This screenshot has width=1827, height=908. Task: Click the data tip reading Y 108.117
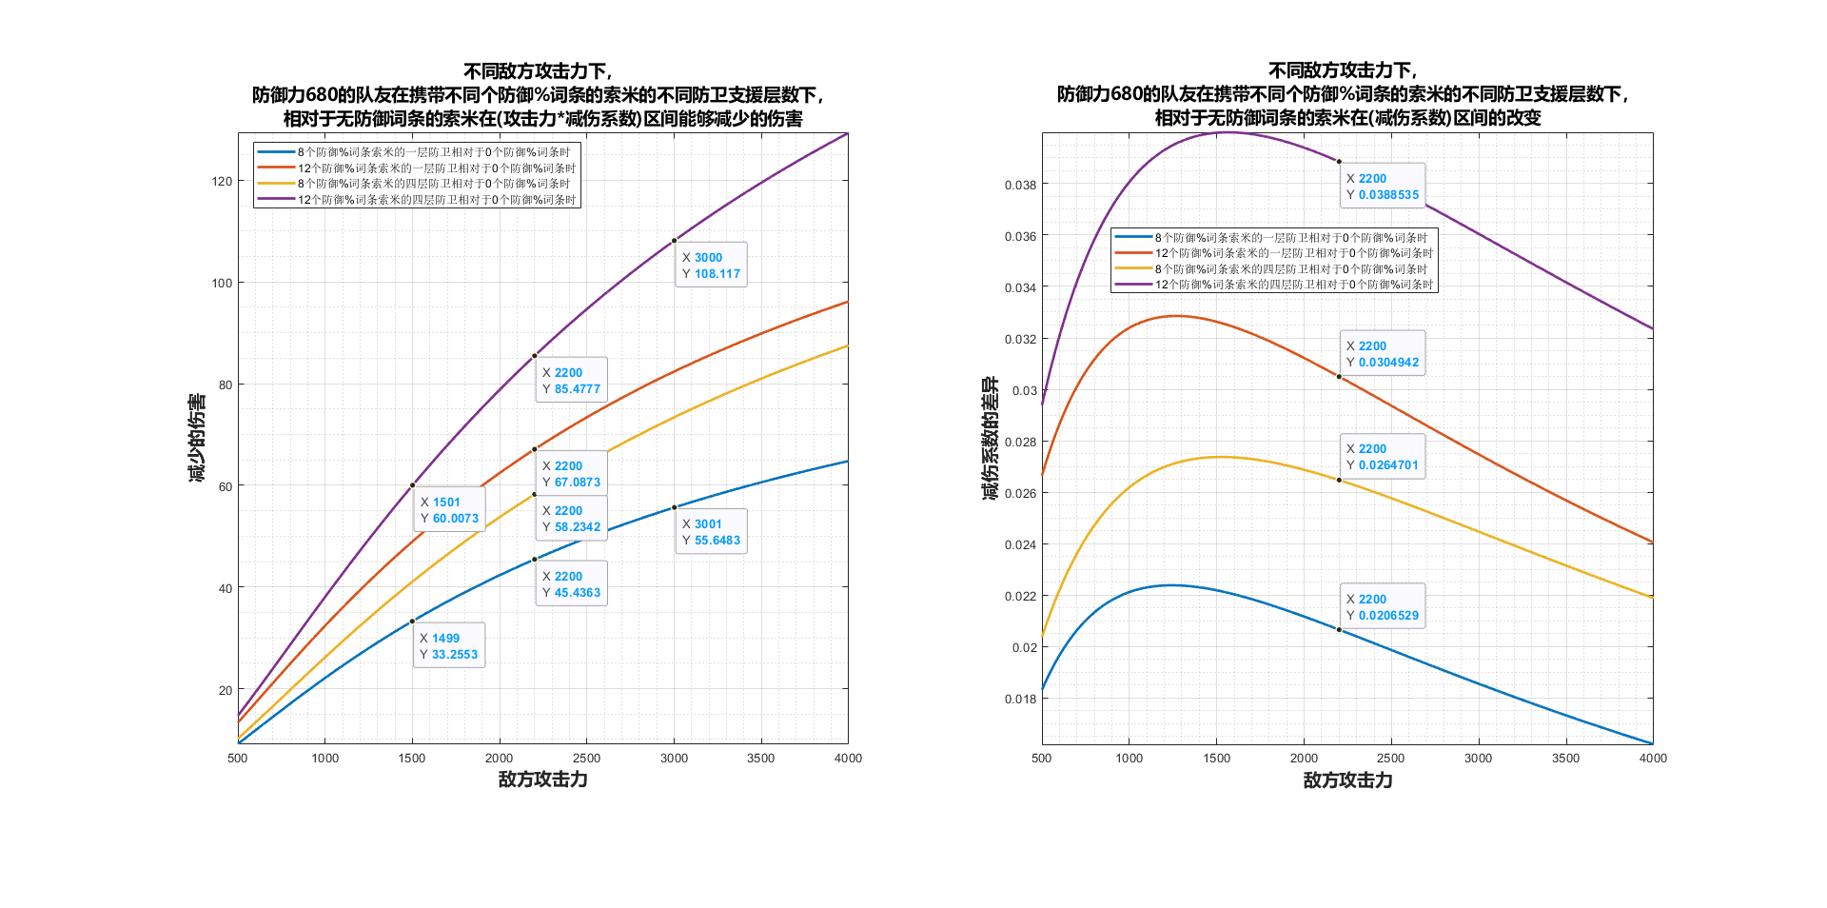tap(711, 265)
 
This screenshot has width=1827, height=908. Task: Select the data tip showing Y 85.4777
tap(571, 380)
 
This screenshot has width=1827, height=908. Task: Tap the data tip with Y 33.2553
tap(448, 645)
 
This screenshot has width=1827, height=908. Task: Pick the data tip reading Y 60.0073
tap(449, 509)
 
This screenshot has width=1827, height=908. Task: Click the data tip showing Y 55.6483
tap(711, 531)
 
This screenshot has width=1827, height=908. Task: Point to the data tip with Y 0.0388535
tap(1382, 186)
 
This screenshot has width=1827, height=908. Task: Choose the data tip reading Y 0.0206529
tap(1382, 606)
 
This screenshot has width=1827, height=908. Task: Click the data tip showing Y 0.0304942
tap(1382, 353)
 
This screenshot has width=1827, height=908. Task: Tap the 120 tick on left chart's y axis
tap(222, 181)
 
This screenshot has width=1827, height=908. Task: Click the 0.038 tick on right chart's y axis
tap(1020, 185)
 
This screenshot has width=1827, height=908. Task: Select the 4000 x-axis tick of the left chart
tap(848, 759)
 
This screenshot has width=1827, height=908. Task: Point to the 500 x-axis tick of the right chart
tap(1042, 759)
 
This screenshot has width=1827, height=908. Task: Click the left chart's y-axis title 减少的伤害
tap(197, 438)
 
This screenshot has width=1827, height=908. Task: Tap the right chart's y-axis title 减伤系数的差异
tap(991, 438)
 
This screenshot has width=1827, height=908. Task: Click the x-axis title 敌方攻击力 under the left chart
tap(542, 780)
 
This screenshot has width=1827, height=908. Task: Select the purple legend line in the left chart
tap(276, 199)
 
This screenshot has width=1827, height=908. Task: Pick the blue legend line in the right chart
tap(1133, 237)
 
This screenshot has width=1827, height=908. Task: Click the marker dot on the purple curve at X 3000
tap(674, 241)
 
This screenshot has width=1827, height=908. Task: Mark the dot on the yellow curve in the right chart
tap(1339, 480)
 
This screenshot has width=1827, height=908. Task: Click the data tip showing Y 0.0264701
tap(1382, 456)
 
